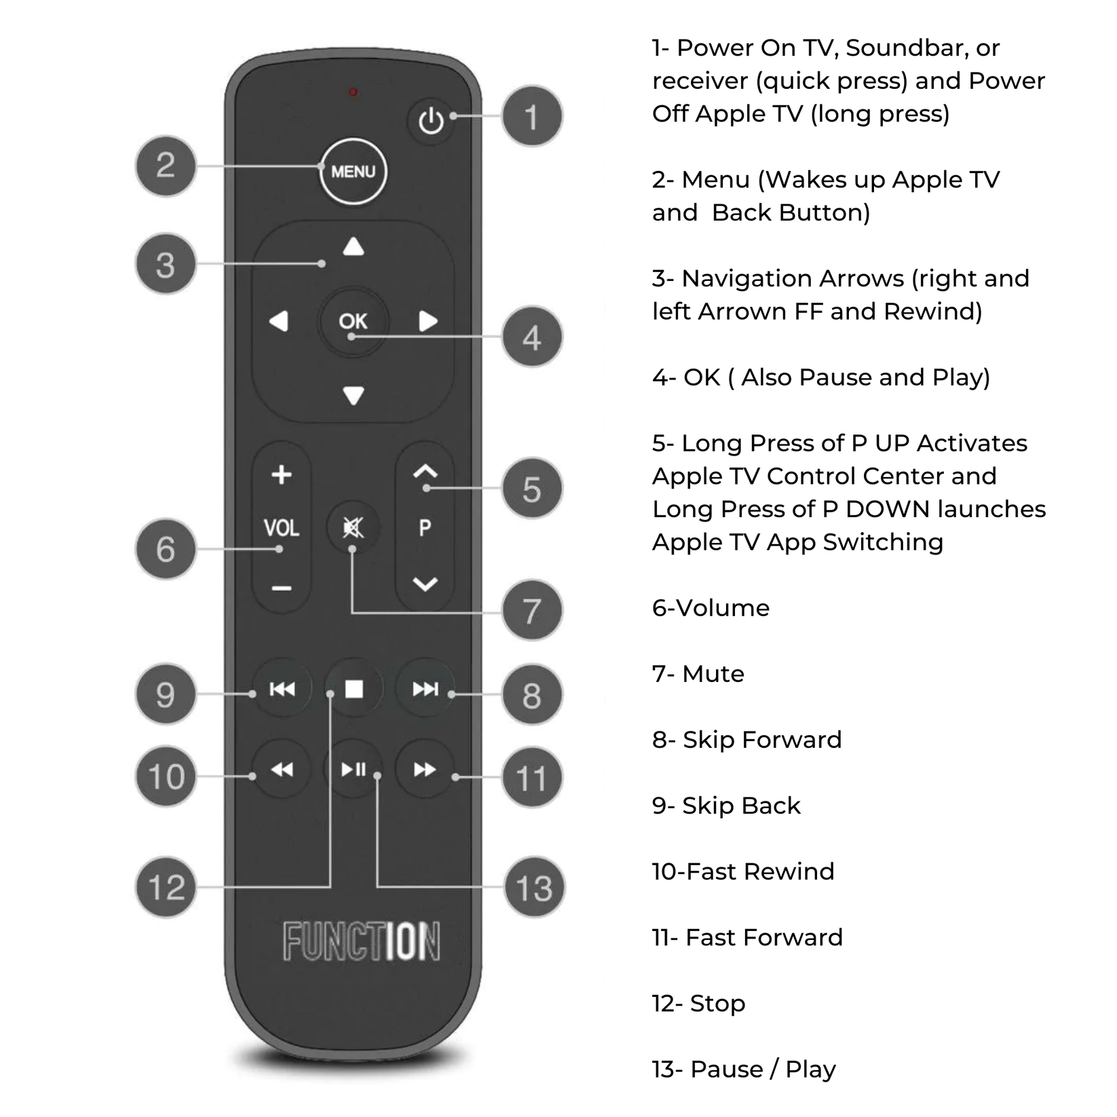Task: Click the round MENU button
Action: point(353,171)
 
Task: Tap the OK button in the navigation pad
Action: point(353,321)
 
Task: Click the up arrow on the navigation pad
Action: point(353,247)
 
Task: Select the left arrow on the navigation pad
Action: point(279,321)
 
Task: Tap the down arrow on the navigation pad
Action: point(353,395)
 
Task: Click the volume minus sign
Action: point(282,588)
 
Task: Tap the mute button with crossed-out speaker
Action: point(353,527)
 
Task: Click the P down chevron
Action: point(425,584)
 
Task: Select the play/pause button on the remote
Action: point(353,769)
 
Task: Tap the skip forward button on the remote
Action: point(425,689)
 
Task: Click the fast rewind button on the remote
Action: point(282,769)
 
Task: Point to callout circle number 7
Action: point(532,611)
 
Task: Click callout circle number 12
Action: point(166,887)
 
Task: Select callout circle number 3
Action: point(166,264)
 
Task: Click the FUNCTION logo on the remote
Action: point(361,941)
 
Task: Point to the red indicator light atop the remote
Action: point(353,92)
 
